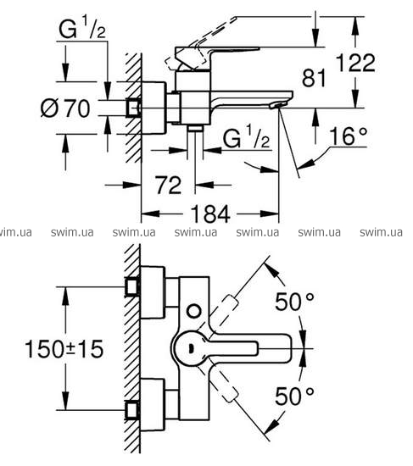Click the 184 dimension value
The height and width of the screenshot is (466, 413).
pyautogui.click(x=210, y=214)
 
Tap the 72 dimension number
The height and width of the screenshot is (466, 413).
pyautogui.click(x=169, y=186)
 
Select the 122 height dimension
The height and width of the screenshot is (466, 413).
pyautogui.click(x=355, y=63)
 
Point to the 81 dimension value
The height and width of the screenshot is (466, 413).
pyautogui.click(x=314, y=78)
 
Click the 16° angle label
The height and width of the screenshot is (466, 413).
pyautogui.click(x=349, y=136)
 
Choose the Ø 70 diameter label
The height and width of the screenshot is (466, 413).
pyautogui.click(x=65, y=108)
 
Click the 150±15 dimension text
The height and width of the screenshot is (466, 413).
pyautogui.click(x=64, y=348)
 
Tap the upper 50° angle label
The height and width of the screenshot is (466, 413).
pyautogui.click(x=294, y=302)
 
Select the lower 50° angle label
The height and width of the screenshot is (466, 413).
pyautogui.click(x=294, y=397)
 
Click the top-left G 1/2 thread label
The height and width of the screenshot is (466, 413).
pyautogui.click(x=82, y=28)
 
